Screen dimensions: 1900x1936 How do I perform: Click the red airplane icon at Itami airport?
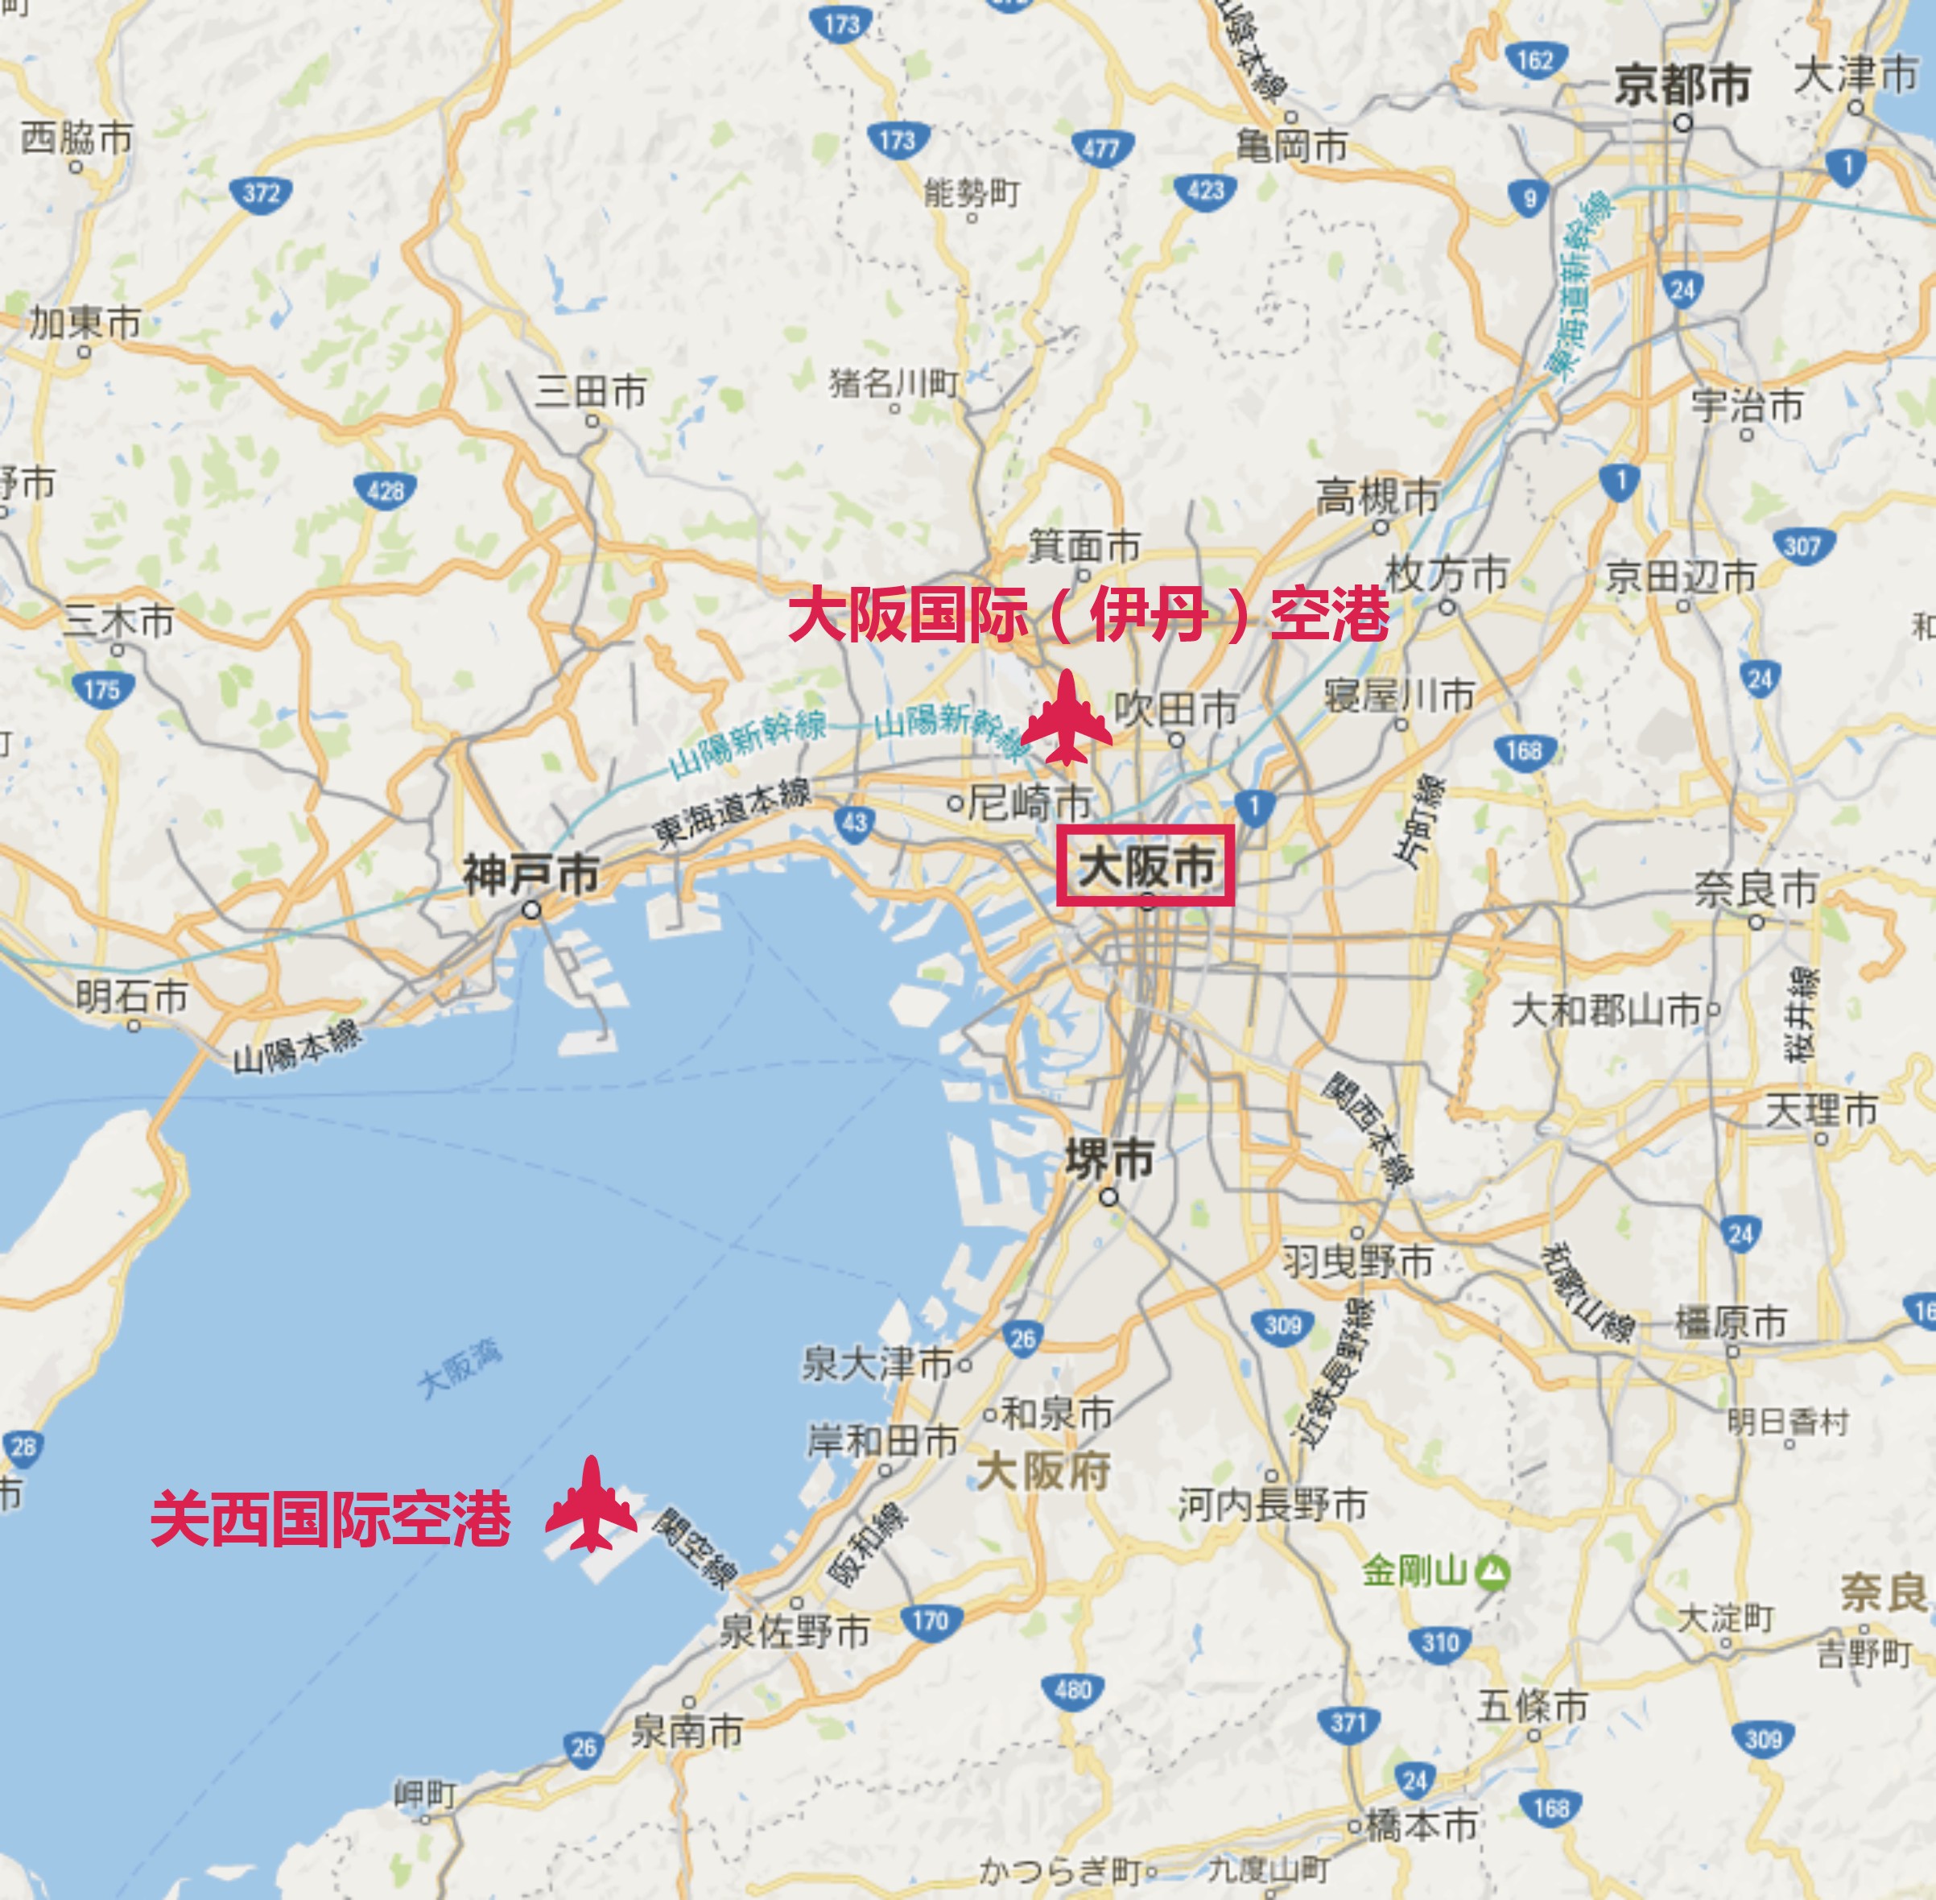click(1067, 718)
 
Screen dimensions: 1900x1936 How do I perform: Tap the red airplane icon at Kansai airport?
click(591, 1504)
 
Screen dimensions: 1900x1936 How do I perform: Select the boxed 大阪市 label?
click(1146, 866)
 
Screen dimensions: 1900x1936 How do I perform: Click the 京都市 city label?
click(1682, 84)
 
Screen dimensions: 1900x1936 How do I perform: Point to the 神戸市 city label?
click(530, 875)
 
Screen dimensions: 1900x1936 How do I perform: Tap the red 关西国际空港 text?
click(330, 1519)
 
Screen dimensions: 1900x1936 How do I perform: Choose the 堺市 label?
click(1108, 1159)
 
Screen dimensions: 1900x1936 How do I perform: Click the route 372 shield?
click(261, 192)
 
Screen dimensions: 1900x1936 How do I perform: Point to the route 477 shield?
click(1100, 150)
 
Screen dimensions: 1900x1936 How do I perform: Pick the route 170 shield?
click(930, 1621)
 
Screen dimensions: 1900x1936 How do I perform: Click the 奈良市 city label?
click(1756, 889)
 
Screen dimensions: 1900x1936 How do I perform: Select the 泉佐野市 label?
click(795, 1633)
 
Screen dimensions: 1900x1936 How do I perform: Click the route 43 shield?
click(855, 822)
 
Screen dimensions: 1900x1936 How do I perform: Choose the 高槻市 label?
click(1377, 496)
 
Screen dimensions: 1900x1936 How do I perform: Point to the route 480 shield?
click(1073, 1689)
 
